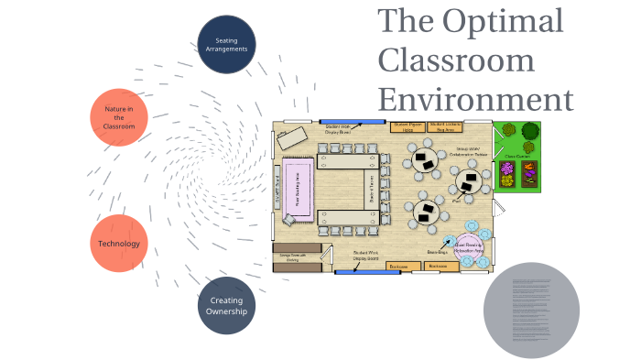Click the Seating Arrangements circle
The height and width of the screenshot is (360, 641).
click(x=226, y=44)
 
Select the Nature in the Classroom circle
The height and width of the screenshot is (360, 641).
click(x=119, y=117)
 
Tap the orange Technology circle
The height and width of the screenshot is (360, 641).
click(x=119, y=244)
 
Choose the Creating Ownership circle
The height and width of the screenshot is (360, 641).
click(x=226, y=306)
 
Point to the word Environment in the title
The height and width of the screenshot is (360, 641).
click(x=475, y=98)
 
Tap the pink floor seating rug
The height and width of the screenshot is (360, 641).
click(x=298, y=186)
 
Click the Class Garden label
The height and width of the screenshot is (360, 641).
click(x=517, y=156)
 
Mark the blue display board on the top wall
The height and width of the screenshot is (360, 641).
click(x=352, y=121)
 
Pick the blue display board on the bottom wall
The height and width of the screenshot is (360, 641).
click(x=356, y=272)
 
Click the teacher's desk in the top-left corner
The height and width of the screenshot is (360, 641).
click(x=294, y=137)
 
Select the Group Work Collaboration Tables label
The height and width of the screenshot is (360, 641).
click(x=468, y=151)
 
